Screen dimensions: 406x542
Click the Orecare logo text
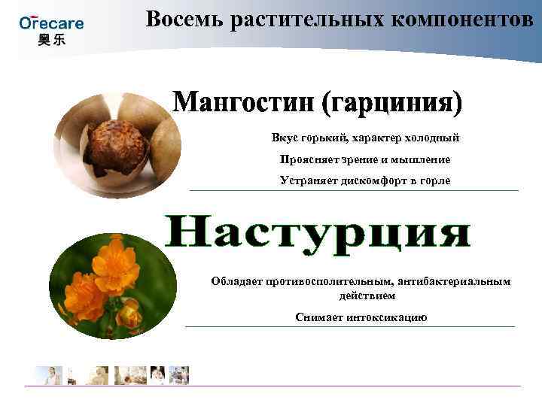pyautogui.click(x=51, y=23)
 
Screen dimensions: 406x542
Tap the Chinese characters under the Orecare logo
pyautogui.click(x=51, y=39)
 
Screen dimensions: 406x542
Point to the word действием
pyautogui.click(x=361, y=295)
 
